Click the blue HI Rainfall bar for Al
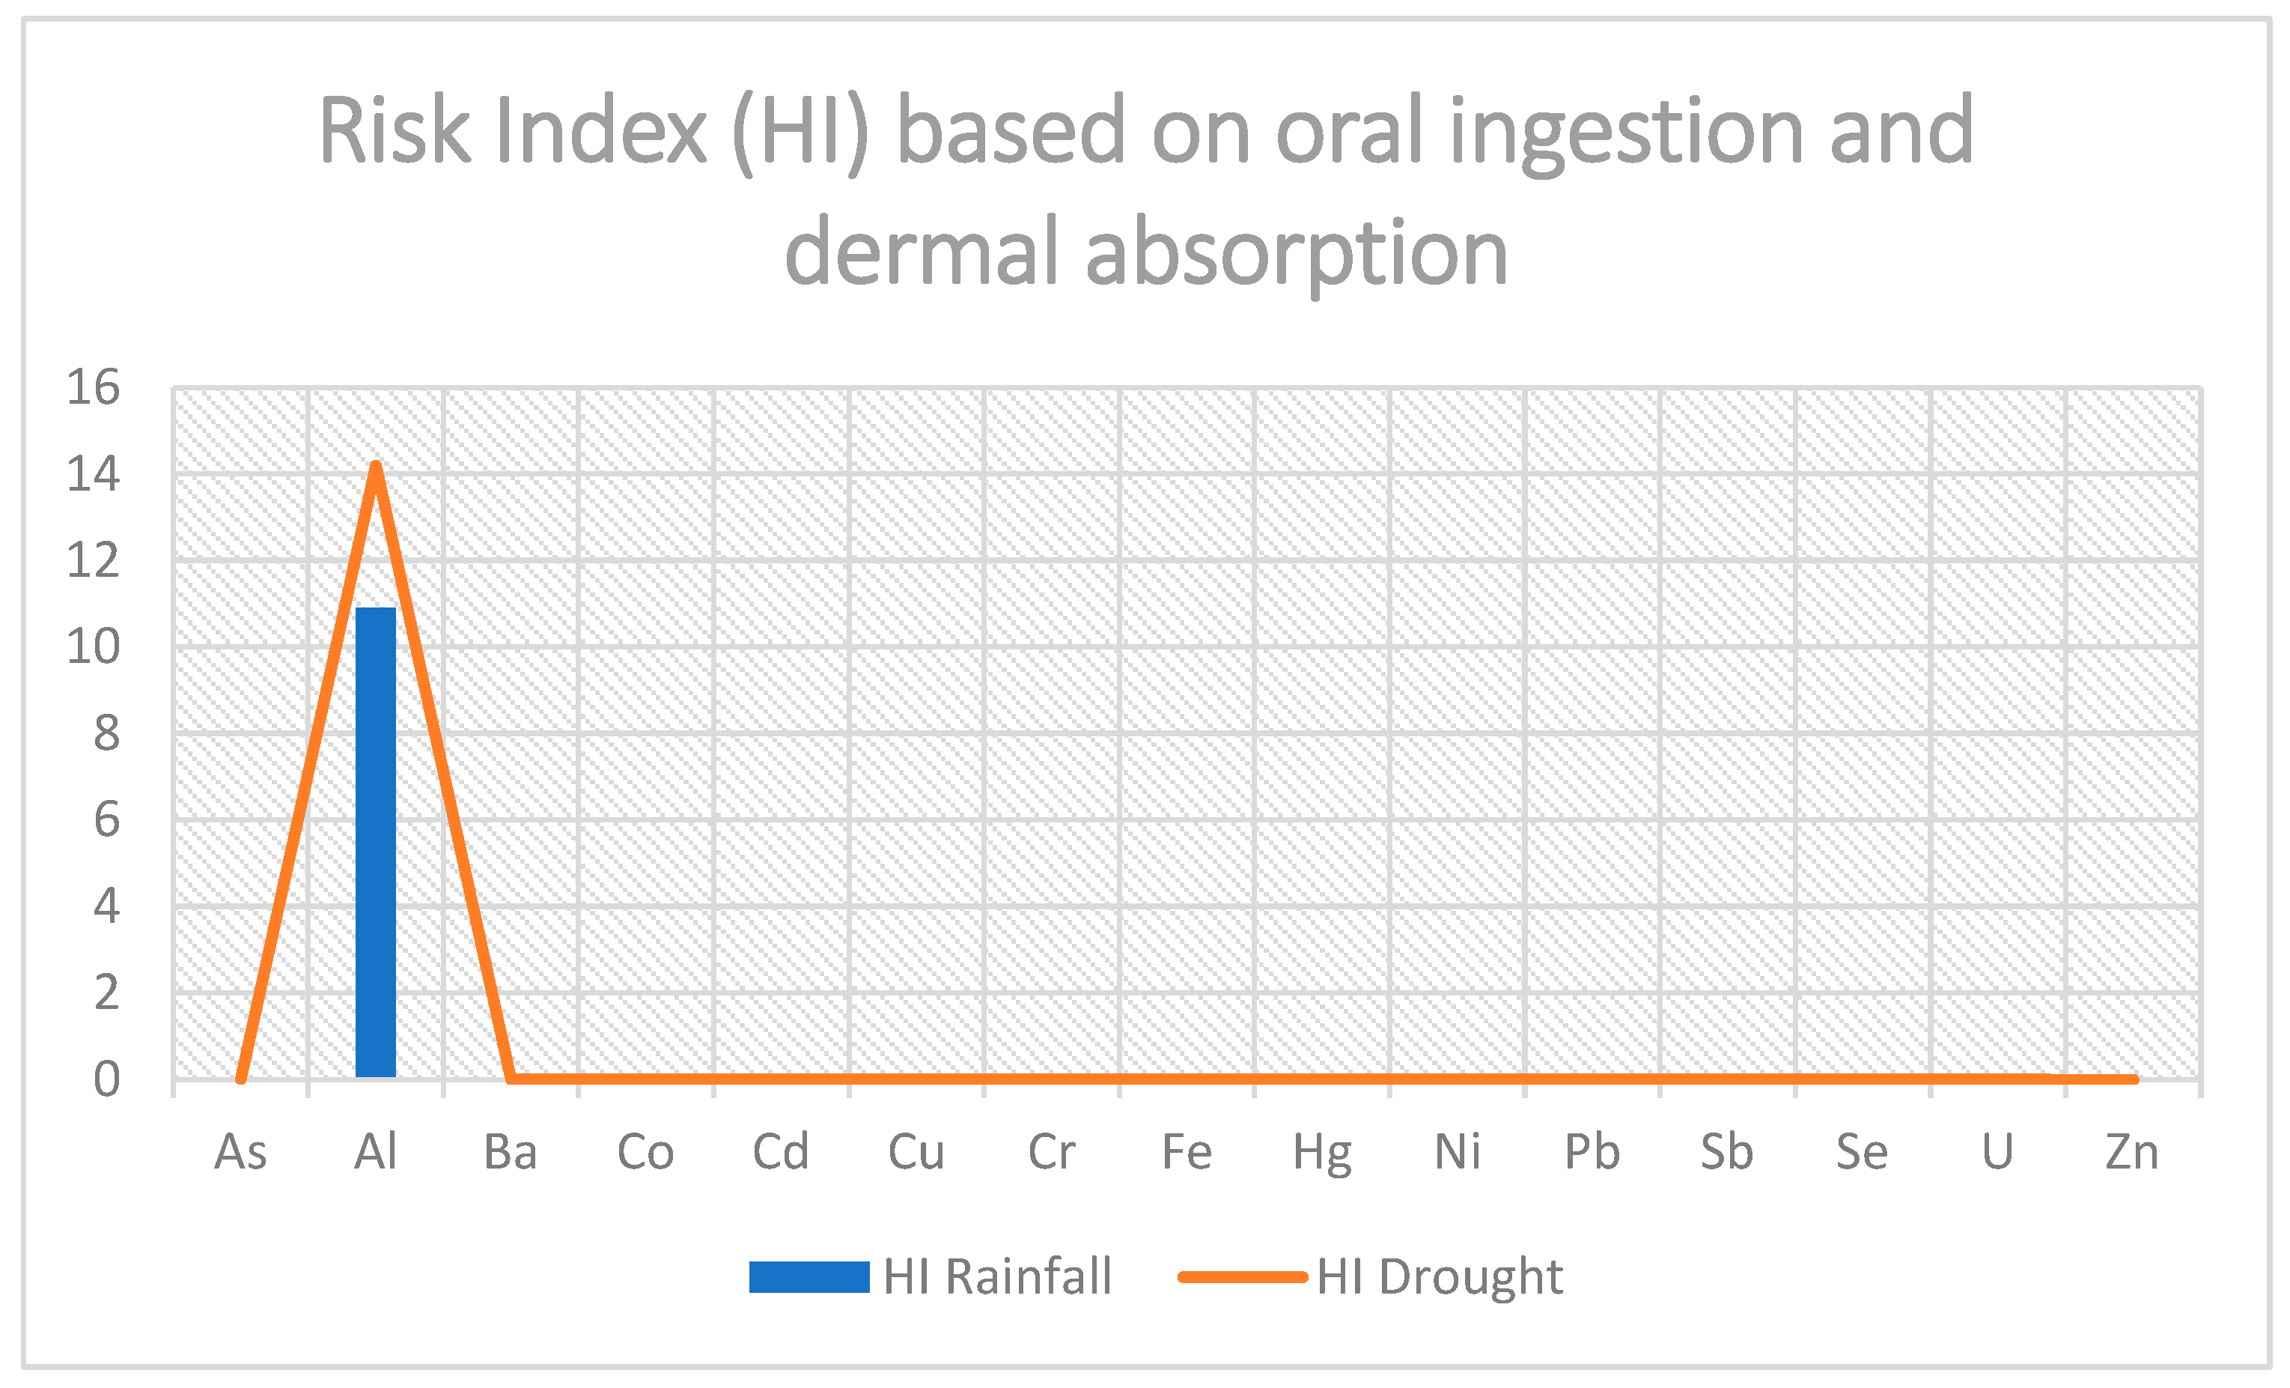pos(376,841)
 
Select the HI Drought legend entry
pos(1371,1276)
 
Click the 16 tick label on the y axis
pos(93,387)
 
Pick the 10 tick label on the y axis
pos(93,646)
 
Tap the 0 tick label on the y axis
pos(106,1079)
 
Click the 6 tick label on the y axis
pos(106,820)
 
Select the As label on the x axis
pos(241,1153)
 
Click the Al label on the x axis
pos(376,1153)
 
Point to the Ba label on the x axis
pos(511,1153)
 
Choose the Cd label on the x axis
pos(781,1153)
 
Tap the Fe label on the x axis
pos(1187,1153)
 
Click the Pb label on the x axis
pos(1592,1153)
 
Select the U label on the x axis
pos(1997,1153)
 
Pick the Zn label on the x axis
pos(2132,1153)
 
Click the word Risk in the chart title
pos(395,132)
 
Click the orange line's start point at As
pos(241,1079)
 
